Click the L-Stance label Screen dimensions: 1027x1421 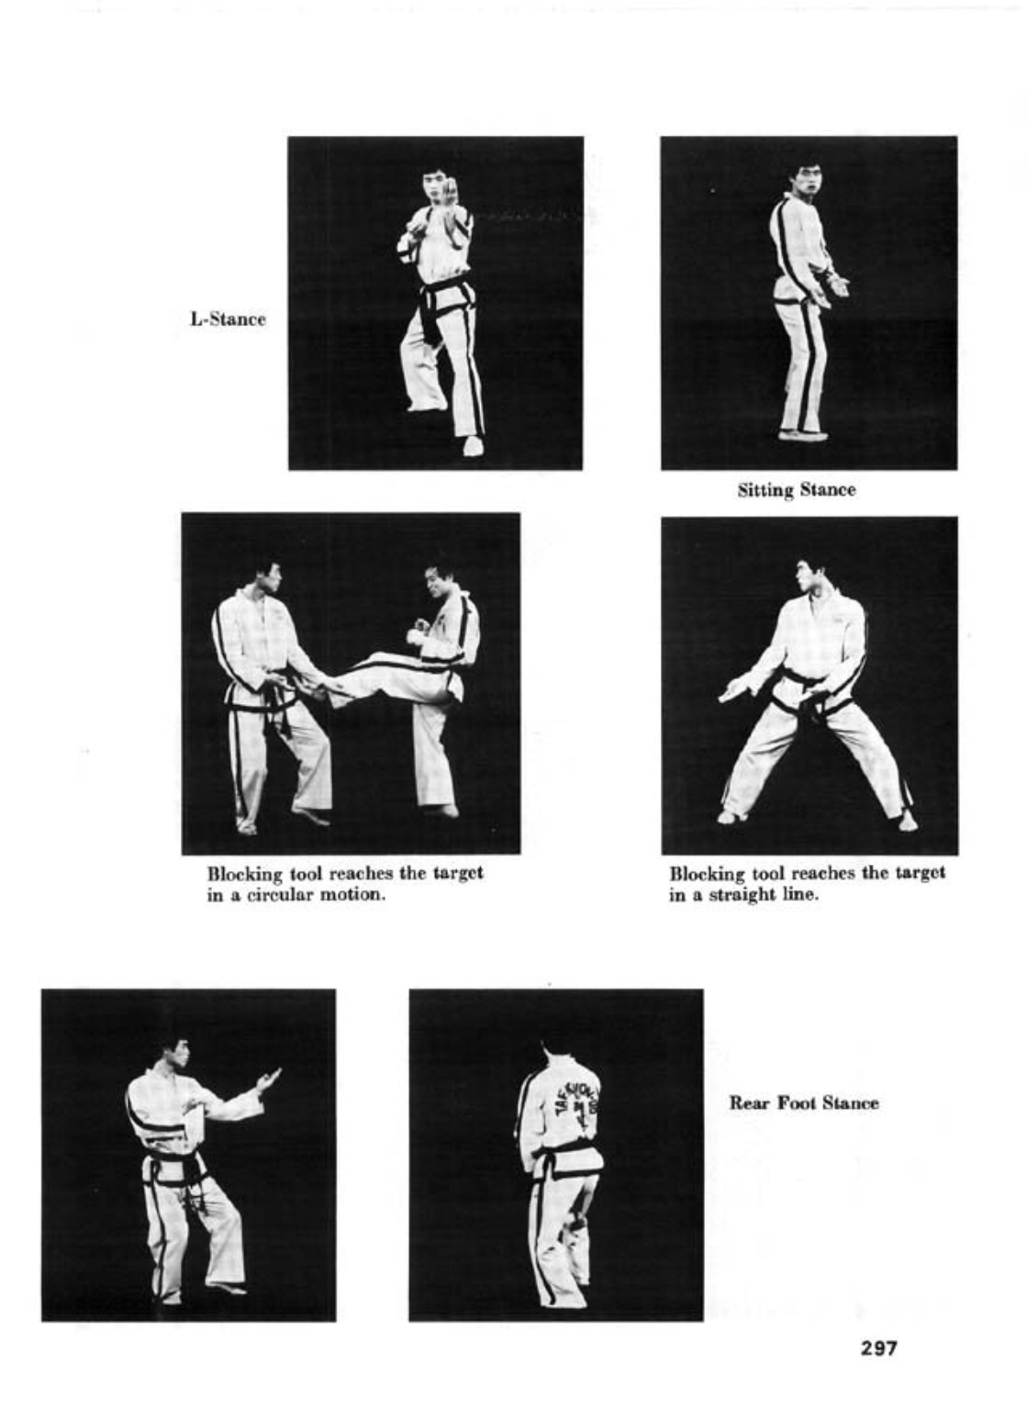pos(229,319)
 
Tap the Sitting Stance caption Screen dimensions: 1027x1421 pos(797,490)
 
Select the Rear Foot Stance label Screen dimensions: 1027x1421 pos(804,1102)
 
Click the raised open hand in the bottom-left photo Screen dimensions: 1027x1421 pos(268,1080)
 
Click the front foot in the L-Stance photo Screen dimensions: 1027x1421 pos(473,446)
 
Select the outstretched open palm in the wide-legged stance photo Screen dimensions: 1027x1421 pos(737,690)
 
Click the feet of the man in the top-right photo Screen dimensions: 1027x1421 pos(800,435)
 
